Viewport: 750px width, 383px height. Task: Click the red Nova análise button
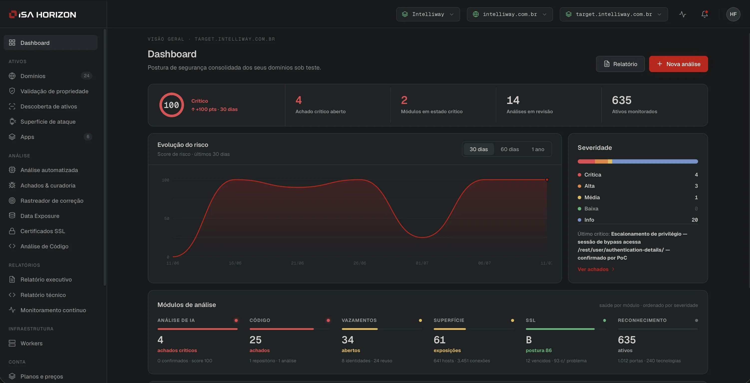(678, 64)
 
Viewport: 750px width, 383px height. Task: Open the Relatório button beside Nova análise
(620, 64)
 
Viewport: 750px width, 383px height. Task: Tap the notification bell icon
(705, 14)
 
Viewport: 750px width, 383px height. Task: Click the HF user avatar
(733, 14)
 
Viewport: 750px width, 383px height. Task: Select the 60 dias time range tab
(510, 149)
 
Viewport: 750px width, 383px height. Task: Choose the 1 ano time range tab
(538, 149)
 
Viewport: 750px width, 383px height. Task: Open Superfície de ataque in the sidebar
(48, 122)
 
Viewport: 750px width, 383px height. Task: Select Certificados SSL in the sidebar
(42, 231)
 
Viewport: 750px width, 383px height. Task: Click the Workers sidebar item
(31, 343)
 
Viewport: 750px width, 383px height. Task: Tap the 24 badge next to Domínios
(86, 76)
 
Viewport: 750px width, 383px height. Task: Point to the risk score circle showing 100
(172, 105)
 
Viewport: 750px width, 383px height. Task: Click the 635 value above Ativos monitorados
(622, 100)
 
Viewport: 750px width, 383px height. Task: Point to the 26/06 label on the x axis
(360, 263)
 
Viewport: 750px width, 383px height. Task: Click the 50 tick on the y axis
(167, 218)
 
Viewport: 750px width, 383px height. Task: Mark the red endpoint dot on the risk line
(547, 180)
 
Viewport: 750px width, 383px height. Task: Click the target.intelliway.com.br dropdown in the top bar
(613, 14)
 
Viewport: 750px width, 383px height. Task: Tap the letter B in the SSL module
(529, 340)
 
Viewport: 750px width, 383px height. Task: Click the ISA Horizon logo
(42, 14)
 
